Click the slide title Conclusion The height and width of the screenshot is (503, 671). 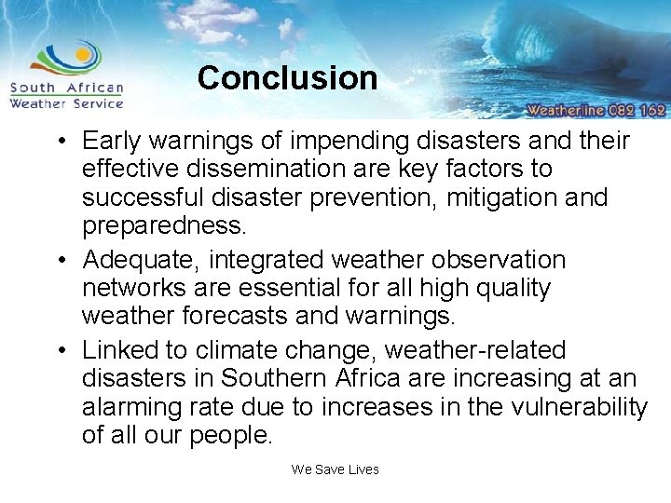tap(287, 77)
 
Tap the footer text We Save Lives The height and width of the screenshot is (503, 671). tap(335, 469)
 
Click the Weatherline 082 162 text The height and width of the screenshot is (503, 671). tap(596, 109)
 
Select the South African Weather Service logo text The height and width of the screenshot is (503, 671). tap(66, 96)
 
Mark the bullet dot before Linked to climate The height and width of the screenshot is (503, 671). tap(61, 351)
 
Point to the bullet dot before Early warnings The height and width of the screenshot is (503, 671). tap(61, 143)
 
